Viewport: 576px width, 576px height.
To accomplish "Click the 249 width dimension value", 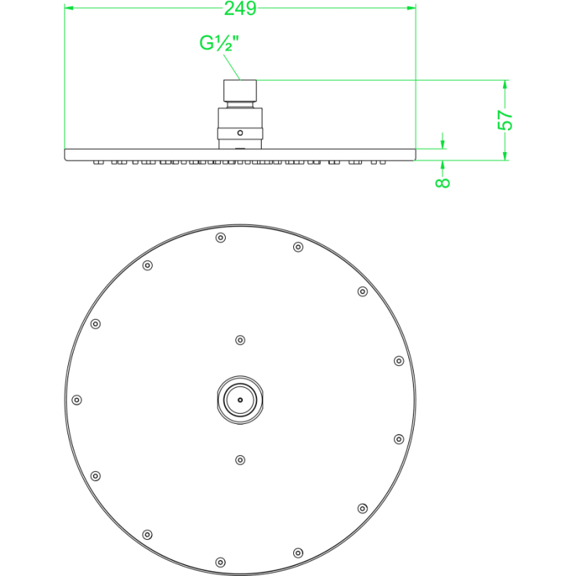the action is click(240, 9).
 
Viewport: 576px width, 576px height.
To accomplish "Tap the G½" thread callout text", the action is click(219, 43).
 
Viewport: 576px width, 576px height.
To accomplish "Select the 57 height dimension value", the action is click(505, 120).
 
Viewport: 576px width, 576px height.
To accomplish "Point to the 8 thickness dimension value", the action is click(443, 183).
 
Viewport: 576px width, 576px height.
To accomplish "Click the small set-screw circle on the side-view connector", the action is click(241, 132).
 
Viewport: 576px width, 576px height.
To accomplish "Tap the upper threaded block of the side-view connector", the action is click(241, 90).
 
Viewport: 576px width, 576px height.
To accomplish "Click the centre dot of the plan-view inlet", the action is click(241, 400).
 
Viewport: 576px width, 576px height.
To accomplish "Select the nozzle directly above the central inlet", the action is click(241, 340).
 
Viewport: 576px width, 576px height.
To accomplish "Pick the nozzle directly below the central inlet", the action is click(241, 460).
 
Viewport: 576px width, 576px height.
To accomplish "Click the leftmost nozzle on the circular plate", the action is click(77, 400).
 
